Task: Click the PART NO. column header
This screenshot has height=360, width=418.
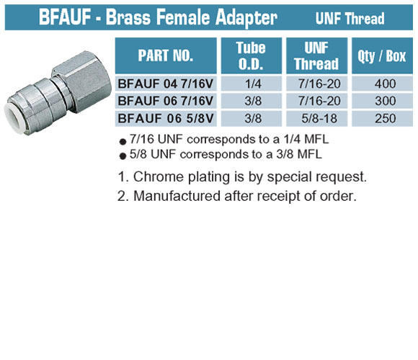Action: click(166, 55)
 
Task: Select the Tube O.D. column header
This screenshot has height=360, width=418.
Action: click(252, 55)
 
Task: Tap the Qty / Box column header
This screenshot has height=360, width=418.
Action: click(382, 55)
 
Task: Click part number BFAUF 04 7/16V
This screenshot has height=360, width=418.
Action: click(166, 84)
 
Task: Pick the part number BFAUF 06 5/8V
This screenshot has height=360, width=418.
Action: click(166, 119)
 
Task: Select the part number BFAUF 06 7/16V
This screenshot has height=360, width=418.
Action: click(166, 101)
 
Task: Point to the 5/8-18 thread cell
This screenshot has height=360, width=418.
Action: click(319, 119)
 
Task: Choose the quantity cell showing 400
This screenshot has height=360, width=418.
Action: click(386, 84)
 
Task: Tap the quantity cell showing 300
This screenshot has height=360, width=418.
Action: click(386, 101)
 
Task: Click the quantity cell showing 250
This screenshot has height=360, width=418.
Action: click(386, 119)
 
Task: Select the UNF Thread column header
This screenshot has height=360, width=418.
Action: click(316, 55)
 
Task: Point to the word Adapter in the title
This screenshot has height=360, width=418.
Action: click(246, 18)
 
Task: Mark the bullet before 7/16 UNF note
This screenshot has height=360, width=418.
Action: click(123, 141)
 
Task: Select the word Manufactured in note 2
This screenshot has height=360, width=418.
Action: click(177, 196)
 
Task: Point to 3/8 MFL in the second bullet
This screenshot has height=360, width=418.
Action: click(299, 154)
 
